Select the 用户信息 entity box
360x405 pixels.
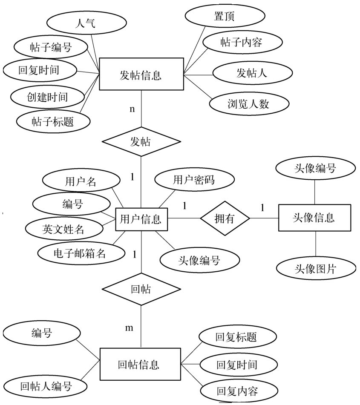141,219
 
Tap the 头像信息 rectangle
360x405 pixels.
314,218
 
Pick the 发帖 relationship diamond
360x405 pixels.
141,141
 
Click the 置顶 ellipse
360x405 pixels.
225,16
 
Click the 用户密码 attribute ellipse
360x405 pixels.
194,180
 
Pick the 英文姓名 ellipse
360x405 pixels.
63,230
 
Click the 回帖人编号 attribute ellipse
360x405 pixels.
46,386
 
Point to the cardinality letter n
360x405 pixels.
132,109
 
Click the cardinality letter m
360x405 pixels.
129,328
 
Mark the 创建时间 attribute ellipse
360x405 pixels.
47,97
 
